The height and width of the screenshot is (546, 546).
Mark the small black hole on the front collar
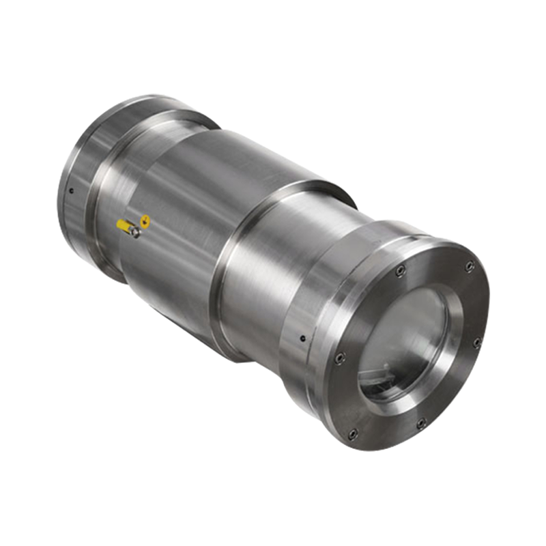pos(301,337)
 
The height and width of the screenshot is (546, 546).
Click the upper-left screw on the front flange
pos(400,271)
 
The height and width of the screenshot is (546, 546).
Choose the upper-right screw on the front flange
pos(469,265)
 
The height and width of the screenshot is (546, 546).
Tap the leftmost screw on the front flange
pos(339,357)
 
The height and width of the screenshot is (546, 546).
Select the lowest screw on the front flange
pos(352,433)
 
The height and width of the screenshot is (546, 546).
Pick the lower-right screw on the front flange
pos(420,423)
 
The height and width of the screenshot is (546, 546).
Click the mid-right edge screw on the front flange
pos(477,341)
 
